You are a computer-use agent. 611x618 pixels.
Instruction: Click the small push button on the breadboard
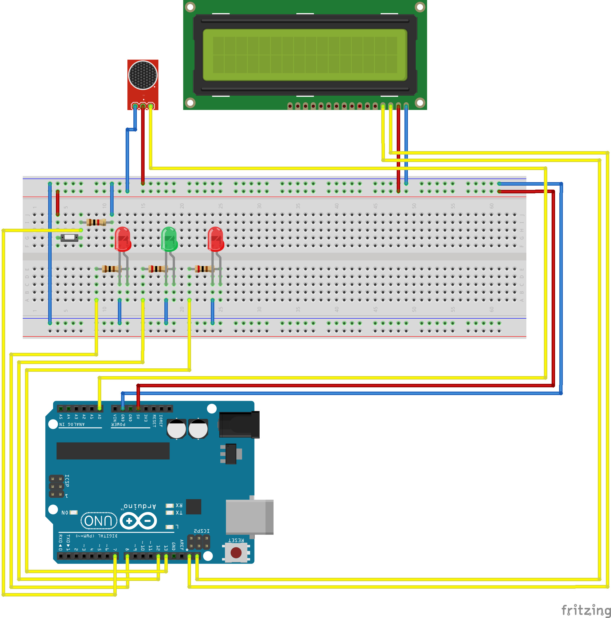click(x=69, y=238)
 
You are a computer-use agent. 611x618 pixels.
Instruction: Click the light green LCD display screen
click(x=305, y=55)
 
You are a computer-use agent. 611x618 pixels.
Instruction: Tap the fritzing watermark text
click(x=586, y=610)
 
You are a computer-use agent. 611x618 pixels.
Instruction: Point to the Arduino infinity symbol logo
click(x=138, y=521)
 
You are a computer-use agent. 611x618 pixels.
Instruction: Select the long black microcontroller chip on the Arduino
click(x=113, y=451)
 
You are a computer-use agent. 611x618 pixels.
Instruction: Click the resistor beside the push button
click(x=96, y=222)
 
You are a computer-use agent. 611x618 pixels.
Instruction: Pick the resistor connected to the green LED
click(x=158, y=269)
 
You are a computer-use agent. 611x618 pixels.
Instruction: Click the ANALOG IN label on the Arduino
click(x=72, y=424)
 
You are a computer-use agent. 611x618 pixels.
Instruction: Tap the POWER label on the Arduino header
click(x=118, y=424)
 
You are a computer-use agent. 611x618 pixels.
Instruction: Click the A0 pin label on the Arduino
click(x=99, y=417)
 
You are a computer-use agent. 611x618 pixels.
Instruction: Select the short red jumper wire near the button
click(x=57, y=203)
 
